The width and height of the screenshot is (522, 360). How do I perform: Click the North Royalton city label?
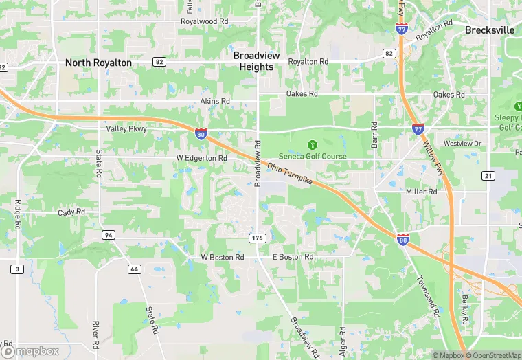point(98,63)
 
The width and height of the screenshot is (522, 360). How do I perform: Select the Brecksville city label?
point(489,30)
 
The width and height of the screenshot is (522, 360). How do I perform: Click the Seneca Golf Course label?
point(313,157)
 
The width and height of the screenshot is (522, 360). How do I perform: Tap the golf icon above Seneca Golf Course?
point(313,145)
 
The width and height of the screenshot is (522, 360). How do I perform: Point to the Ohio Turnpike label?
point(290,176)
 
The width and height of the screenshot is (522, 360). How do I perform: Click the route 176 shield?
point(256,238)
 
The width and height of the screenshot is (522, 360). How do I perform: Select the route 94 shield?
point(108,235)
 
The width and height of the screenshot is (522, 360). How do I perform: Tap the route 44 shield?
point(135,268)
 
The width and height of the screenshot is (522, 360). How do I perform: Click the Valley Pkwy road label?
point(126,129)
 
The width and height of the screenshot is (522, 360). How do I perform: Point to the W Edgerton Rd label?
point(201,158)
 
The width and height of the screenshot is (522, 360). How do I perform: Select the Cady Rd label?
point(71,212)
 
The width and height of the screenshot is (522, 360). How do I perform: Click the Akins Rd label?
point(215,101)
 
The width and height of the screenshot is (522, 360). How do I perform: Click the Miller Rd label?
point(421,192)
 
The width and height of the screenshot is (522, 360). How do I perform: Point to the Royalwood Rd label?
point(204,21)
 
